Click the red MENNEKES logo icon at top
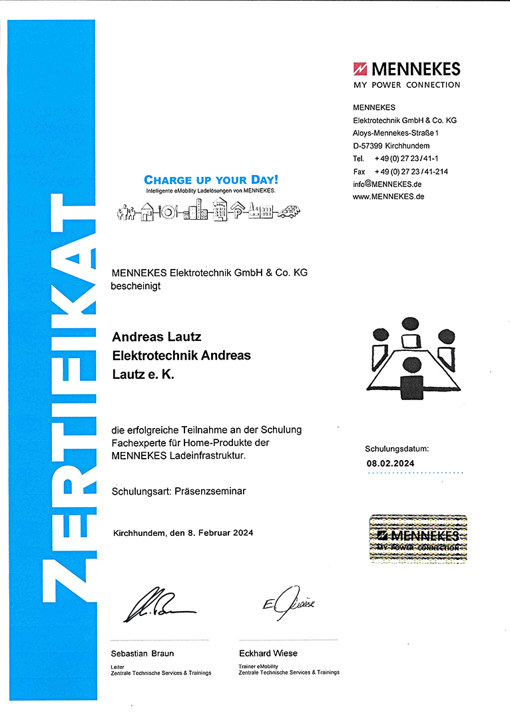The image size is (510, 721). (360, 69)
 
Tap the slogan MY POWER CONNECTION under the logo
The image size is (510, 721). (406, 85)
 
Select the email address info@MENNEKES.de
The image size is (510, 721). (387, 184)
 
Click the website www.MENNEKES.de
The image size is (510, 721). (389, 196)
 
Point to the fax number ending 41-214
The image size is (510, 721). (411, 171)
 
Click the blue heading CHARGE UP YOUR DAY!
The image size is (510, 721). (211, 180)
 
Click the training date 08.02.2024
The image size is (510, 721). (391, 463)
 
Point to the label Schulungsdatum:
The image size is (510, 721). (397, 449)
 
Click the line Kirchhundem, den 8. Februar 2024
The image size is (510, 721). (183, 533)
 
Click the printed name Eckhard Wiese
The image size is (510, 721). (268, 653)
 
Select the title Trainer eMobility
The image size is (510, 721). (258, 666)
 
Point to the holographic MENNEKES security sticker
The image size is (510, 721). (418, 539)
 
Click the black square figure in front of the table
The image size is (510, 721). (412, 387)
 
